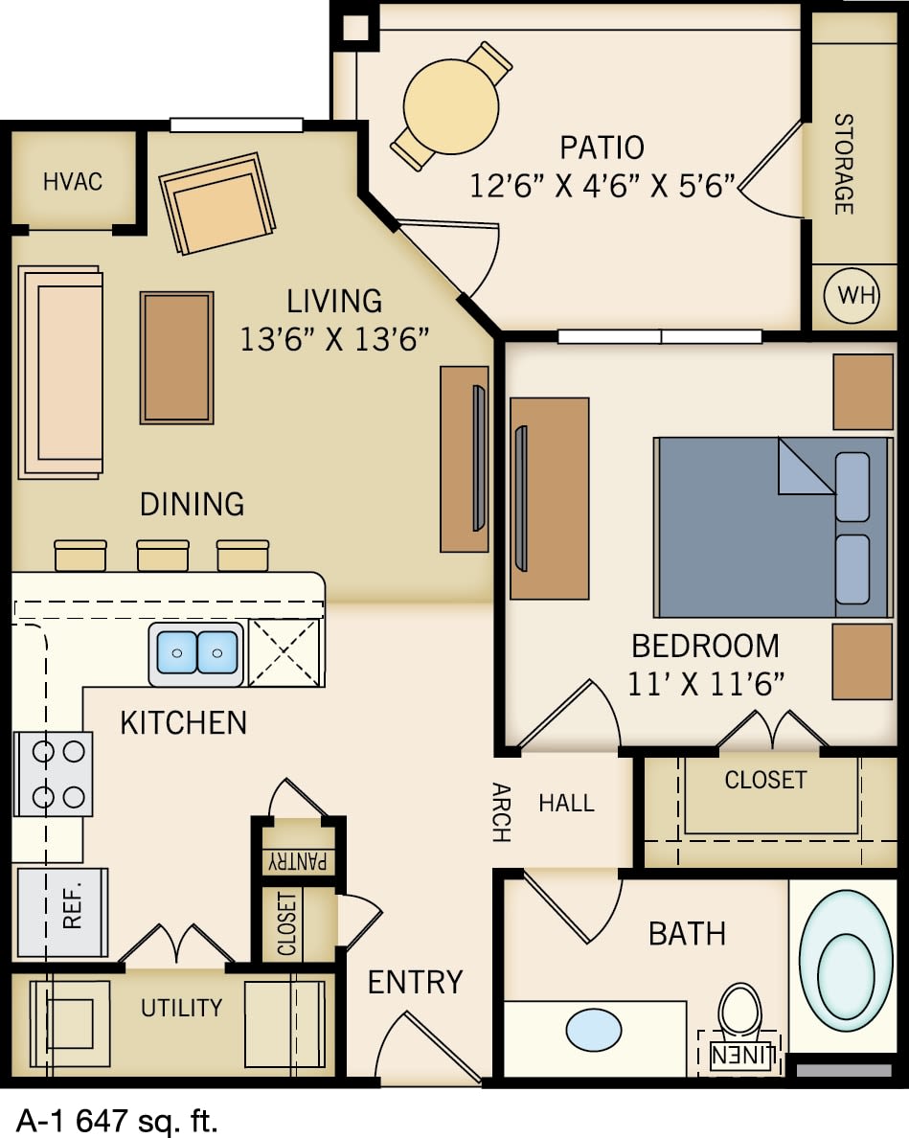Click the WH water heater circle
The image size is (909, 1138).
[x=856, y=295]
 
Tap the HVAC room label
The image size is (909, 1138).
[x=73, y=181]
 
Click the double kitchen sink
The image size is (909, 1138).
[x=196, y=652]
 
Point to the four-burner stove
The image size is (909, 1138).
[x=54, y=774]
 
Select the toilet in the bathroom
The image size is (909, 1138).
[x=739, y=1010]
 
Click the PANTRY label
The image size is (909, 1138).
[x=298, y=859]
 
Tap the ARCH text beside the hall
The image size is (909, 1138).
[x=501, y=812]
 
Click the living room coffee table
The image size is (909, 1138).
[x=176, y=357]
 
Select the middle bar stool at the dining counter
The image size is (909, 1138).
[x=162, y=556]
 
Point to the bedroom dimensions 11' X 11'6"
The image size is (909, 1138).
[x=706, y=683]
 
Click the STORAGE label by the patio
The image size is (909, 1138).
[x=843, y=164]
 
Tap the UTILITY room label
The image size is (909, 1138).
[x=181, y=1007]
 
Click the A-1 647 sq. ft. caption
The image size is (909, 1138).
[x=117, y=1118]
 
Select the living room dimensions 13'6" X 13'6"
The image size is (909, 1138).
[x=333, y=339]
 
